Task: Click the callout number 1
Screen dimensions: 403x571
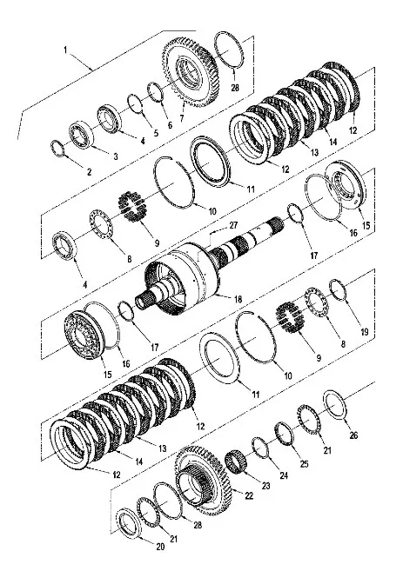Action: click(66, 50)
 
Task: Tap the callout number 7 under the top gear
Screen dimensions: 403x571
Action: click(181, 118)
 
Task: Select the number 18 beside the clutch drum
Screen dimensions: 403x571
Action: click(238, 299)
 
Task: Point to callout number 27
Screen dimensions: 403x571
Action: click(233, 225)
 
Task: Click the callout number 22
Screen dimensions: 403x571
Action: click(249, 495)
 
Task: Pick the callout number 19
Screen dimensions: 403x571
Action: click(365, 332)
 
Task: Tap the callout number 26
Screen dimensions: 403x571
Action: click(353, 435)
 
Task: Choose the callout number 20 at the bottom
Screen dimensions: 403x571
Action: click(160, 547)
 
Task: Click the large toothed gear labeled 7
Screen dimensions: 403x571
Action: click(191, 71)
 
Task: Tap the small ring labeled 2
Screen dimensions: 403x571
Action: click(57, 149)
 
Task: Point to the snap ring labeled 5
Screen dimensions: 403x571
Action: click(136, 103)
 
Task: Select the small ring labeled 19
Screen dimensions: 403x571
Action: click(338, 290)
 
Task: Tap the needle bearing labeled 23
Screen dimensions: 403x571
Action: click(236, 462)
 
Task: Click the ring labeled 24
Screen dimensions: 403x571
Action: click(260, 448)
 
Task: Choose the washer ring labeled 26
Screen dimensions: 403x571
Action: click(335, 405)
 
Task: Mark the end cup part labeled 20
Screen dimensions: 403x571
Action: click(128, 523)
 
